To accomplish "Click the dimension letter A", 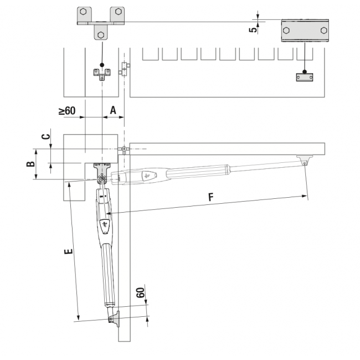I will click(x=113, y=110).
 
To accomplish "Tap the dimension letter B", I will click(x=32, y=163).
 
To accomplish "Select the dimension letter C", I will click(x=47, y=136).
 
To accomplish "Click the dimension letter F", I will click(x=210, y=197).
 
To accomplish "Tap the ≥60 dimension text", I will click(x=67, y=111).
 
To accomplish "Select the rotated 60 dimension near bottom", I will click(x=141, y=293).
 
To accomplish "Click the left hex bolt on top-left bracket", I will click(x=83, y=12).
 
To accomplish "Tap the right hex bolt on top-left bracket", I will click(x=117, y=12).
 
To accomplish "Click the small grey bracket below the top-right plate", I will click(x=304, y=77).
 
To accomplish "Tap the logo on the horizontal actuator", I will click(x=147, y=176).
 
